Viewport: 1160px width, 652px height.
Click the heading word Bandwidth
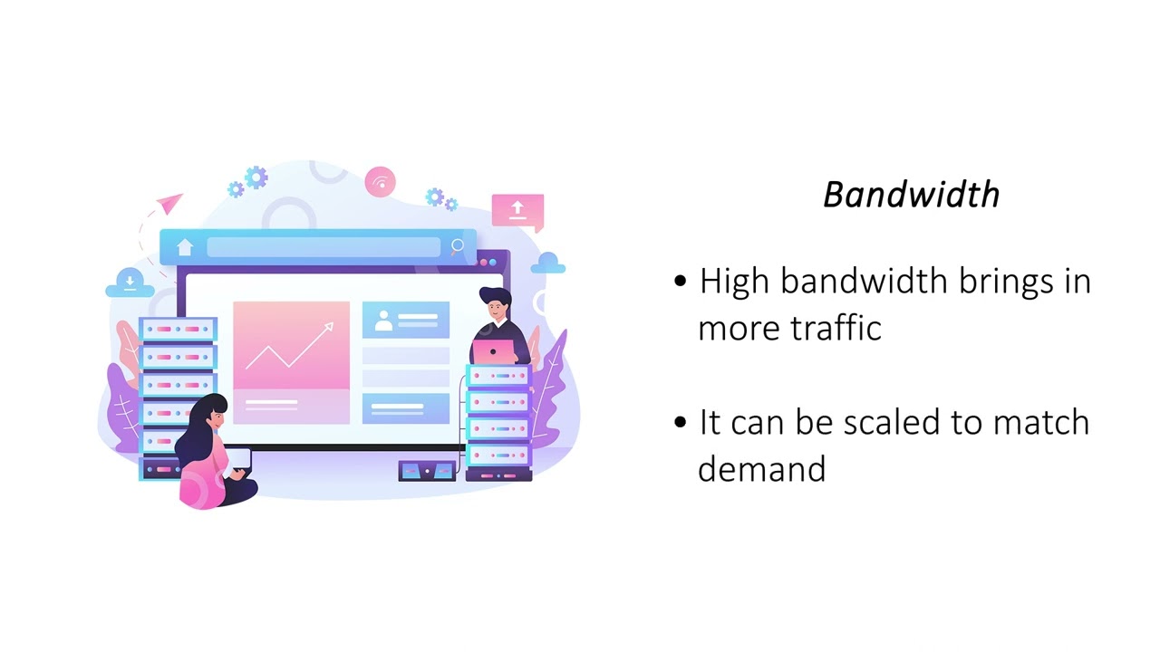click(911, 195)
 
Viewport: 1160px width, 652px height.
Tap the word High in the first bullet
click(734, 282)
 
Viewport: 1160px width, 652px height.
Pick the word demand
click(761, 469)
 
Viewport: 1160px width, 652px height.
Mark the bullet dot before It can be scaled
click(681, 423)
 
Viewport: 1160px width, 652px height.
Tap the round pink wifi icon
click(381, 182)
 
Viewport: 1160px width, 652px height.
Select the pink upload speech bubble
click(517, 210)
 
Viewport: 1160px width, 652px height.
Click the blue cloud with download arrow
click(130, 283)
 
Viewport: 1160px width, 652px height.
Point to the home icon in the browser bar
click(185, 246)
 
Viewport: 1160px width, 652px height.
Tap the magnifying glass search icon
click(458, 245)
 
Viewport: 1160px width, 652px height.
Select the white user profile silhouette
click(384, 320)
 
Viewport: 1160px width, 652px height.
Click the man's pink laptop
click(494, 351)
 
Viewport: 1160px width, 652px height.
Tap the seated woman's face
click(216, 419)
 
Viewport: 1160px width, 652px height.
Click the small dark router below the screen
click(426, 470)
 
